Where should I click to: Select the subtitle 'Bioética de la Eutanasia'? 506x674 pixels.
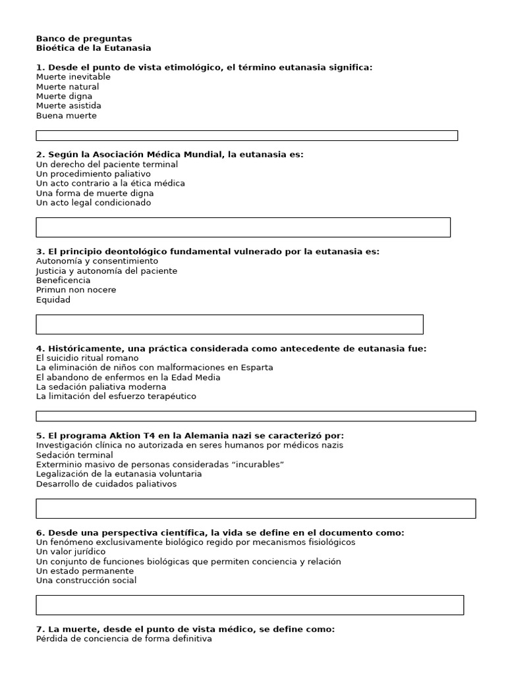(x=94, y=48)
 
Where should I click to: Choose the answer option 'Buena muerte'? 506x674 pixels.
(x=66, y=116)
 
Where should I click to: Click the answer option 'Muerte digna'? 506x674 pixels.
(x=64, y=96)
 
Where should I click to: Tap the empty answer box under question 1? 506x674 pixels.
(x=246, y=136)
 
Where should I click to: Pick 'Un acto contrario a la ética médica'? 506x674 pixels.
(x=110, y=184)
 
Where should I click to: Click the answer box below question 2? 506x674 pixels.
(x=243, y=227)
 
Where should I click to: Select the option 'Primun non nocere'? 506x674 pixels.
(x=76, y=290)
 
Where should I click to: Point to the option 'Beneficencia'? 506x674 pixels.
(x=63, y=280)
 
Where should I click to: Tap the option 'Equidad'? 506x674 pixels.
(x=53, y=300)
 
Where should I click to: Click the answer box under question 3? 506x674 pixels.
(x=229, y=324)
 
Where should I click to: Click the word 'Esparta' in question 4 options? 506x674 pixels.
(x=256, y=367)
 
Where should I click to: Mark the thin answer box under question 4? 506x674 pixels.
(x=256, y=416)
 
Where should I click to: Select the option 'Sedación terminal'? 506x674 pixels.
(x=74, y=455)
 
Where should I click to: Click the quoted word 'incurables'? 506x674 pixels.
(x=258, y=465)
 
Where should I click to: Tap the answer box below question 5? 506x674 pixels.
(x=256, y=508)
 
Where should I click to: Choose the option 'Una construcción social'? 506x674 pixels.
(x=86, y=581)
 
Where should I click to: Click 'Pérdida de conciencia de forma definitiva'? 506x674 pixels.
(x=124, y=638)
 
